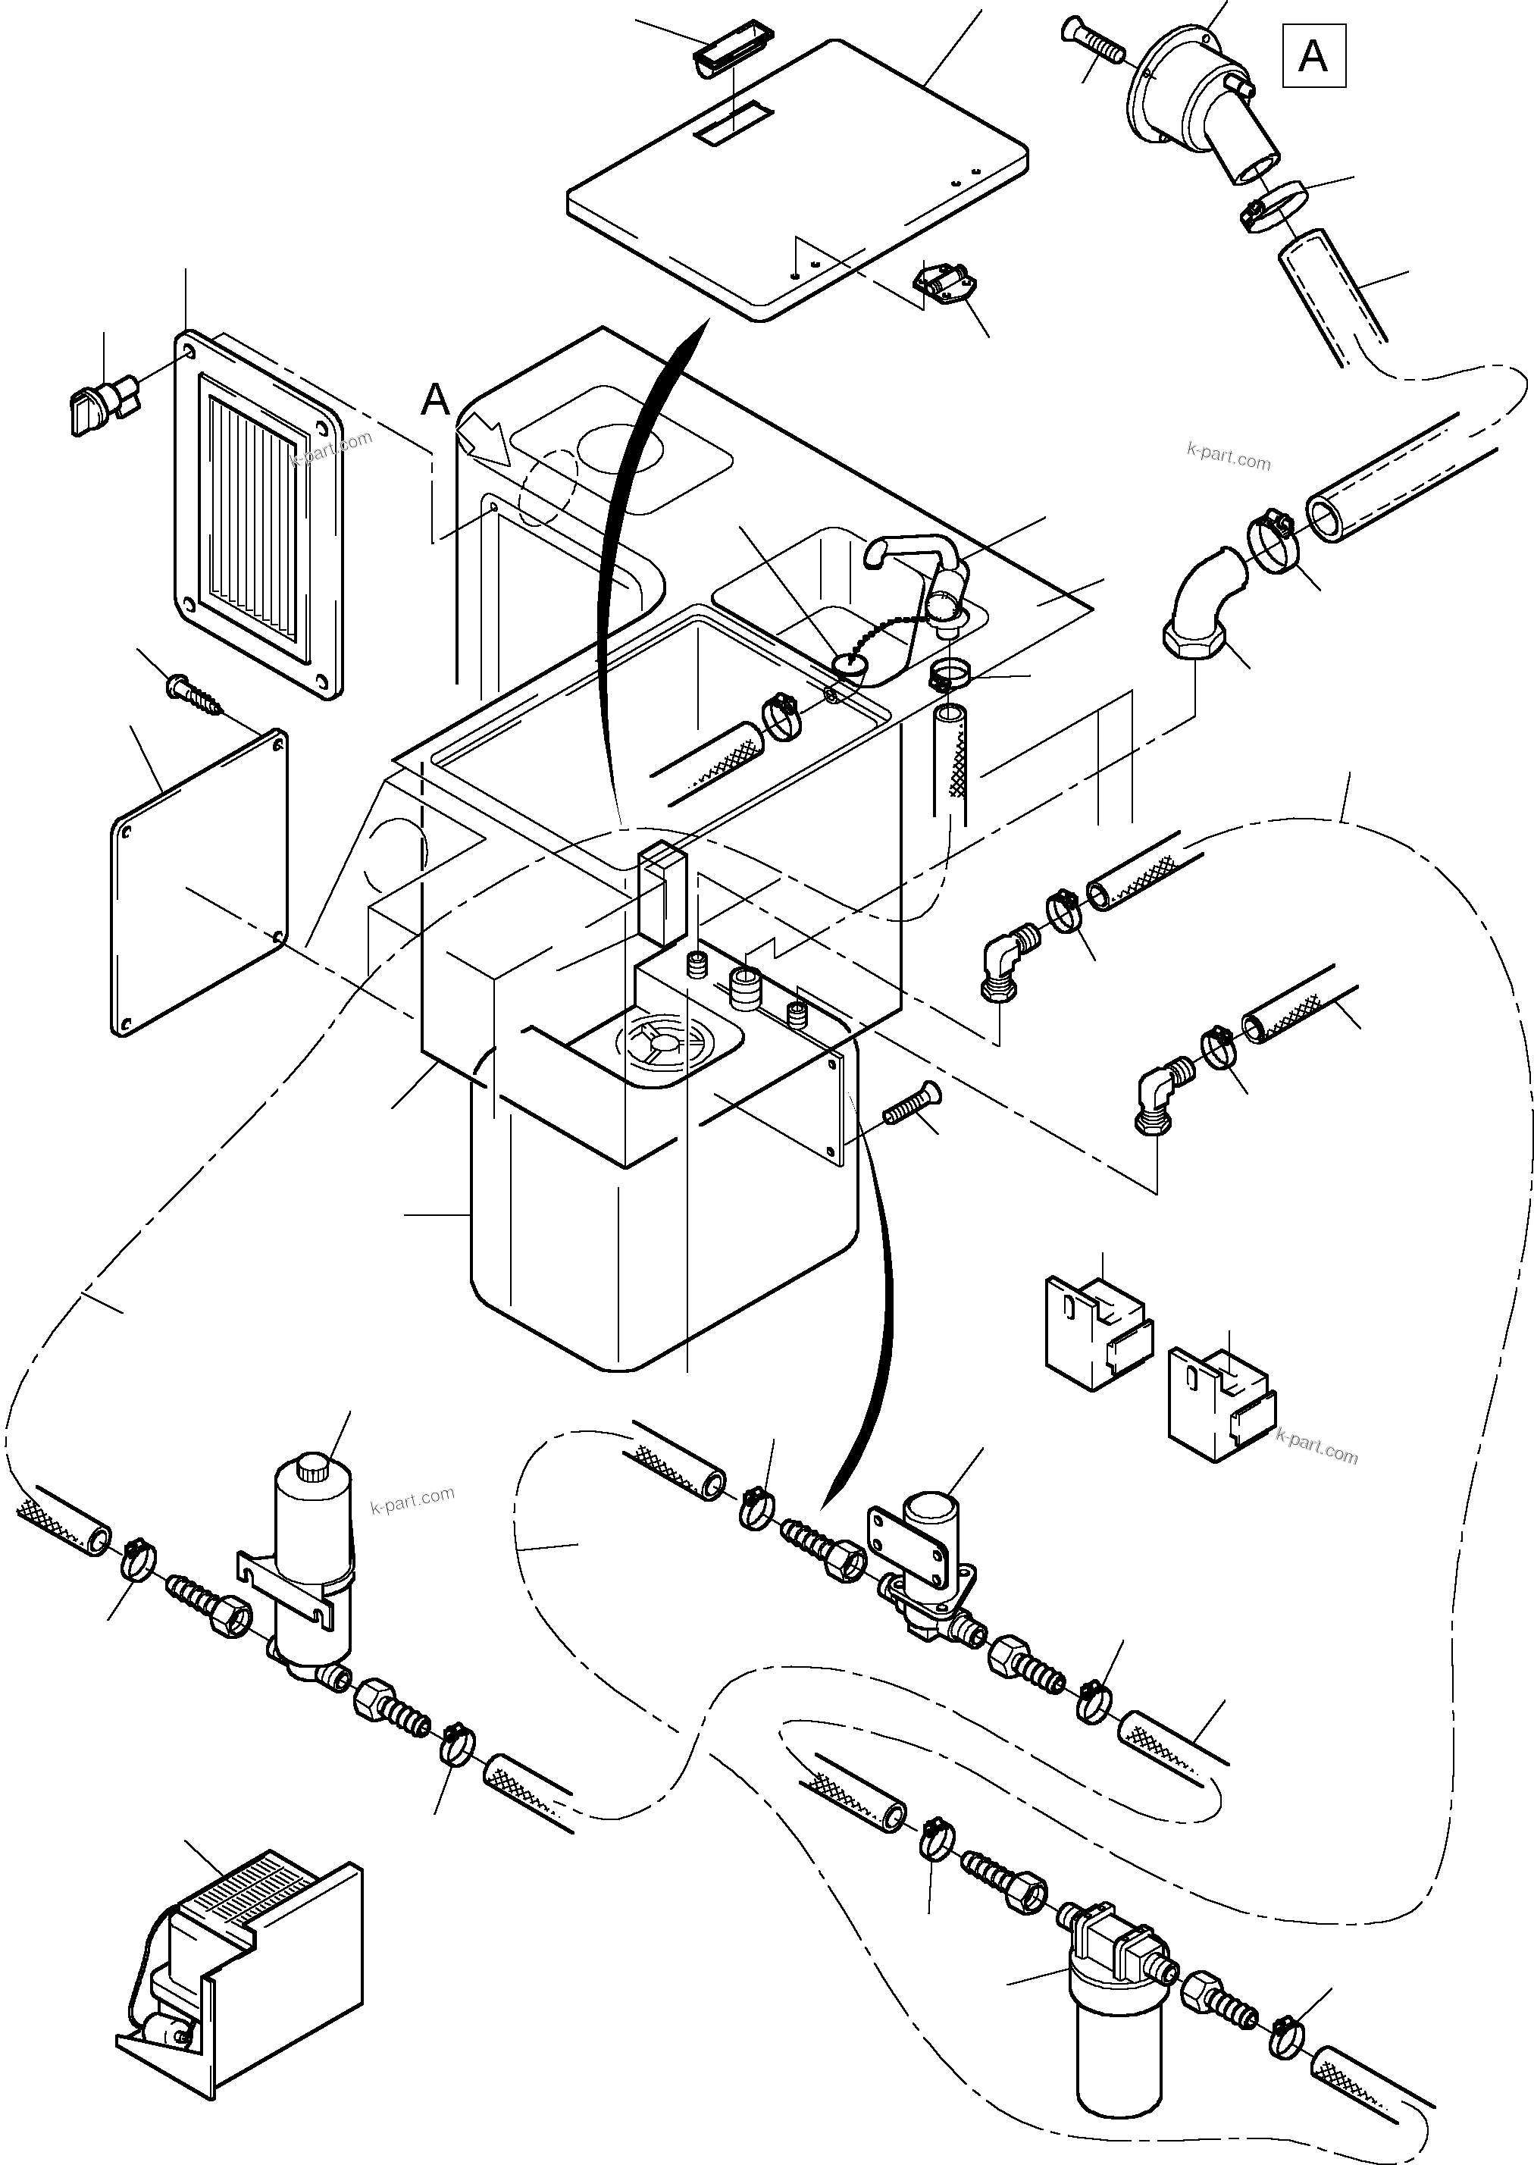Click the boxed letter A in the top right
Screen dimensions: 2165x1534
point(1313,57)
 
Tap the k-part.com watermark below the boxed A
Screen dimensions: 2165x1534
point(1228,459)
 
